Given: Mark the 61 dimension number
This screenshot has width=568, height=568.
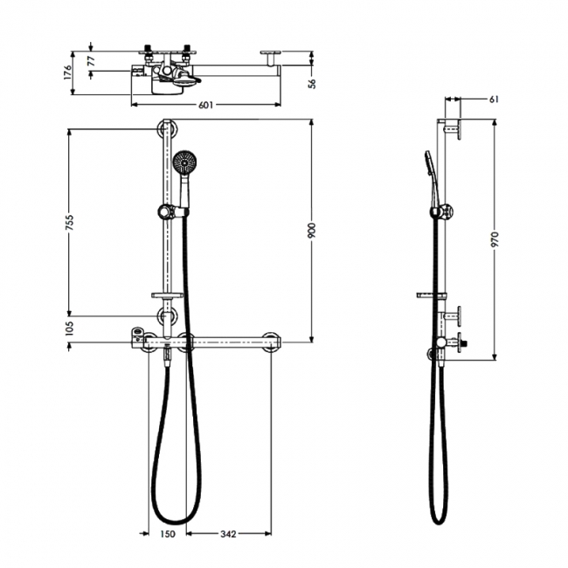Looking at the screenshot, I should tap(494, 100).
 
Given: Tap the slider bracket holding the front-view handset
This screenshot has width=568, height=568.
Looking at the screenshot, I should tap(164, 211).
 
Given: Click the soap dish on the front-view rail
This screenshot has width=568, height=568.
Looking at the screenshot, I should tap(165, 294).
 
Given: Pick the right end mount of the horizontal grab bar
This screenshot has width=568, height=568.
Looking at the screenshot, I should tap(272, 341).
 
